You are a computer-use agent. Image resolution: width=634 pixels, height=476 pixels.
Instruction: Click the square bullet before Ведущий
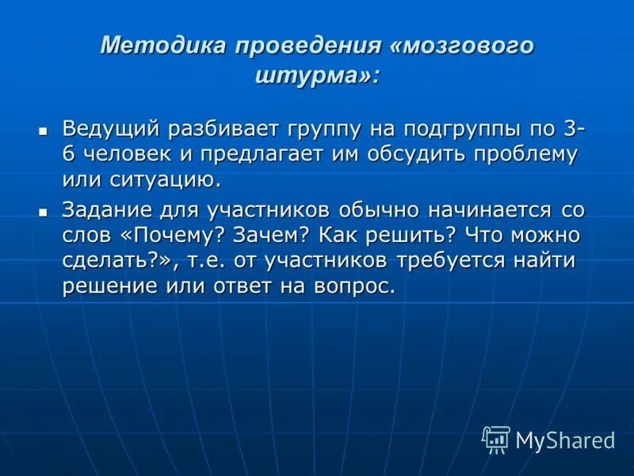[44, 129]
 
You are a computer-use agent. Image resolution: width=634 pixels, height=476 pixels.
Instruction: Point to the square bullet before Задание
[44, 211]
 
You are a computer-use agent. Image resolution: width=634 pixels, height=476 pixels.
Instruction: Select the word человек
[120, 153]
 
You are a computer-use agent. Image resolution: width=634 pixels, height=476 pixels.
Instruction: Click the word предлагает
[261, 153]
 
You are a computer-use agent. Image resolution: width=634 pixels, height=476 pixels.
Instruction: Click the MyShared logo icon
[496, 439]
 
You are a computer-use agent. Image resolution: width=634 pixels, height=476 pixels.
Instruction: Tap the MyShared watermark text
[565, 440]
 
